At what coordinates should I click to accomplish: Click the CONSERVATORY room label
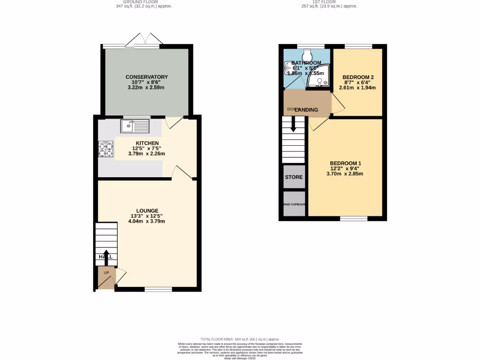pyautogui.click(x=146, y=77)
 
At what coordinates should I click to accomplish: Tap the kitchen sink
pyautogui.click(x=135, y=126)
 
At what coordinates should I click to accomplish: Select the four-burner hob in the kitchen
pyautogui.click(x=105, y=149)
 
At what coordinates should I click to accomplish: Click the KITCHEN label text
pyautogui.click(x=147, y=143)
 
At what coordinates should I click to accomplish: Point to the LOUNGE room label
pyautogui.click(x=147, y=210)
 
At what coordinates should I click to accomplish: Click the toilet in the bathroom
pyautogui.click(x=308, y=53)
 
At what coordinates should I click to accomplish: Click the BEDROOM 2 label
pyautogui.click(x=358, y=77)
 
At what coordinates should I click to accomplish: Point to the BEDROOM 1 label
pyautogui.click(x=345, y=163)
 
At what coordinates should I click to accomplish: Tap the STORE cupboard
pyautogui.click(x=294, y=177)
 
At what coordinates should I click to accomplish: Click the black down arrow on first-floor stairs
pyautogui.click(x=294, y=125)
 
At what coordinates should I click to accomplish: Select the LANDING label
pyautogui.click(x=306, y=110)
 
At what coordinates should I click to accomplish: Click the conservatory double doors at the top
pyautogui.click(x=143, y=41)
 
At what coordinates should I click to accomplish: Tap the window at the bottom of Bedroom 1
pyautogui.click(x=353, y=218)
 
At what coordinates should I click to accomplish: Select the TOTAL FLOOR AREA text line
pyautogui.click(x=240, y=339)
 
